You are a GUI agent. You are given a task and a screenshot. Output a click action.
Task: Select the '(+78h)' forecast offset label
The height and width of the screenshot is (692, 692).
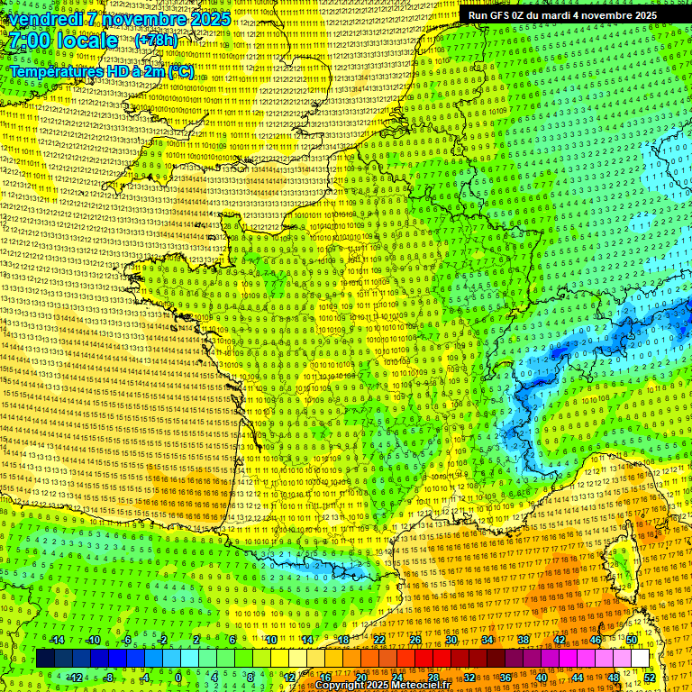coord(156,41)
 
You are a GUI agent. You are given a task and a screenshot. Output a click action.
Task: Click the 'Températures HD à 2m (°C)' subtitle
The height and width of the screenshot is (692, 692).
coord(101,70)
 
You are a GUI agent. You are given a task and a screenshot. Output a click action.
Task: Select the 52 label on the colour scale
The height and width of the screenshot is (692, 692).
coord(650,677)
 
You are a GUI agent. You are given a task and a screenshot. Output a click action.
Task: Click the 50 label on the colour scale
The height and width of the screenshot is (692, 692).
coord(632,640)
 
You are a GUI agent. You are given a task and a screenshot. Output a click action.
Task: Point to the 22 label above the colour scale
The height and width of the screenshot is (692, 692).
coord(379,640)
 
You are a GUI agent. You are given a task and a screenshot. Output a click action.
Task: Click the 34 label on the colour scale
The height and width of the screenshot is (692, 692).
coord(487,640)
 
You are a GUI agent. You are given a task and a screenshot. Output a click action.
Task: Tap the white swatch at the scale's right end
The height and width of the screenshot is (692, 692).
coord(640,659)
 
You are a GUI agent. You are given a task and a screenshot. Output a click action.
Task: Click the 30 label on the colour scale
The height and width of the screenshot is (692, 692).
coord(451,640)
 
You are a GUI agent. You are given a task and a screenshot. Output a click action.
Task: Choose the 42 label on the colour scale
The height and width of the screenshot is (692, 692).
coord(560,640)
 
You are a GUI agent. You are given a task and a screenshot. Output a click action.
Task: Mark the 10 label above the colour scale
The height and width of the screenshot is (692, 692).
coord(271,640)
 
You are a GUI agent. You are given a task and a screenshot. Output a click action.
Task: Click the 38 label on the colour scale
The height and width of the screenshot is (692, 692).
coord(524,640)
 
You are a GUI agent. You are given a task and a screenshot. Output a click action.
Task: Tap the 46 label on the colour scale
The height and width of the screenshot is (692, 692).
coord(596,640)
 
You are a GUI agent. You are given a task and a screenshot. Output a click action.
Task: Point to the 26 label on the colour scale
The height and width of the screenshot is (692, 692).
coord(415,640)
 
